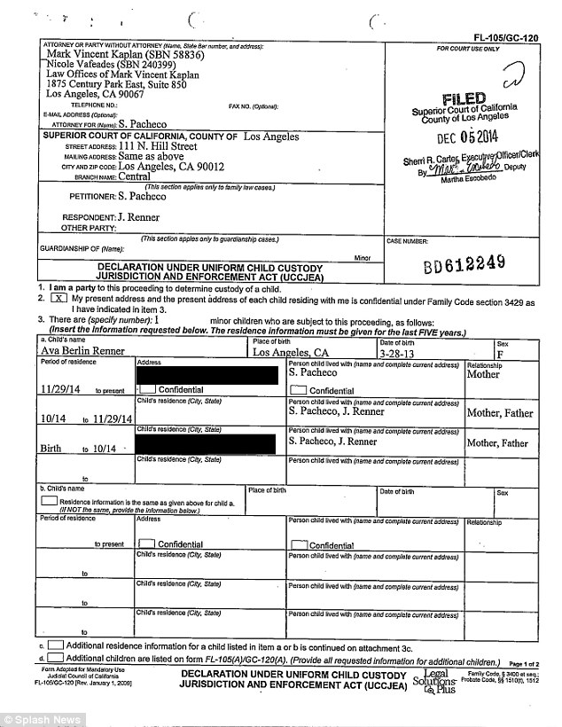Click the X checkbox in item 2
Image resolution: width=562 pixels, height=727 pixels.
pos(52,300)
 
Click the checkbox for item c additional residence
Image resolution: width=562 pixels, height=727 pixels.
pos(54,646)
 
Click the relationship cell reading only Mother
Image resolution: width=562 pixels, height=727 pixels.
pos(483,374)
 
